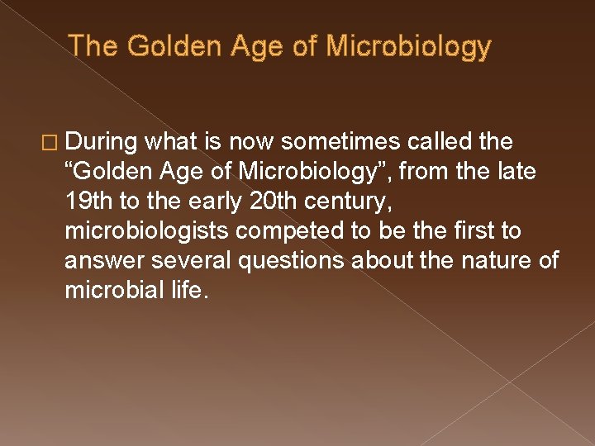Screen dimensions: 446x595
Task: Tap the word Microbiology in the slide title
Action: [409, 46]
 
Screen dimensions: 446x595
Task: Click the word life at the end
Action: [183, 291]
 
